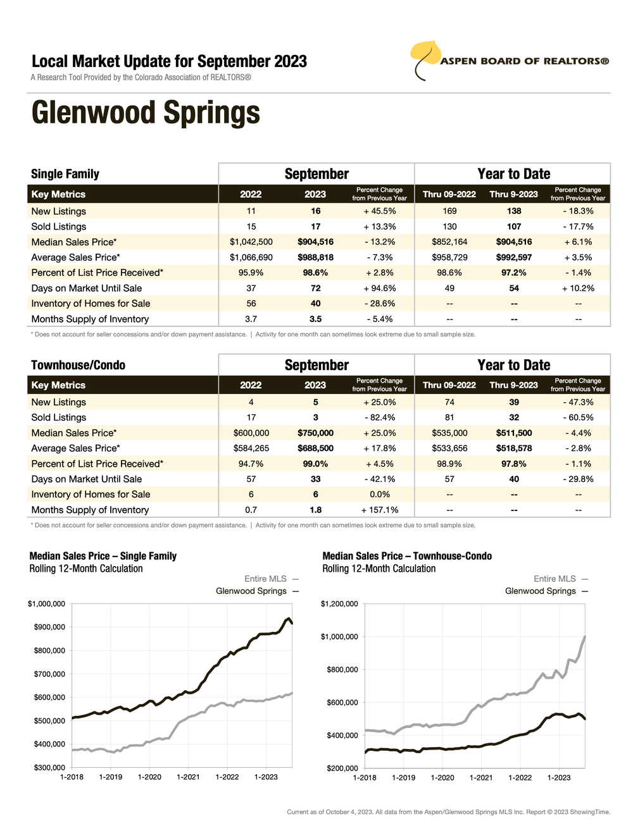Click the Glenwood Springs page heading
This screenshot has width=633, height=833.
pyautogui.click(x=146, y=113)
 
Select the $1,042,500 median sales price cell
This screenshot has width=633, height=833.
pyautogui.click(x=251, y=242)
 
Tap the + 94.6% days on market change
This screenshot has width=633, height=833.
pyautogui.click(x=380, y=288)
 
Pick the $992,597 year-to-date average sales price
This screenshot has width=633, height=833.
pyautogui.click(x=514, y=257)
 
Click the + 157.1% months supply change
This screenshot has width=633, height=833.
pyautogui.click(x=380, y=510)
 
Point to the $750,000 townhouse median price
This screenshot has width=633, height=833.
pyautogui.click(x=315, y=433)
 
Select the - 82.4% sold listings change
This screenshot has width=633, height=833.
pyautogui.click(x=380, y=417)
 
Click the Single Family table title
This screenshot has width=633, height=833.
pyautogui.click(x=65, y=174)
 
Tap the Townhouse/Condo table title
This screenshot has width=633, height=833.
pyautogui.click(x=78, y=365)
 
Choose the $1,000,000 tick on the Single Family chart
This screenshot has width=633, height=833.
pyautogui.click(x=46, y=604)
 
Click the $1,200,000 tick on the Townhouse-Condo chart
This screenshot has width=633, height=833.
pyautogui.click(x=339, y=604)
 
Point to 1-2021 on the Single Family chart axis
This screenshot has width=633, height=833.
pyautogui.click(x=188, y=777)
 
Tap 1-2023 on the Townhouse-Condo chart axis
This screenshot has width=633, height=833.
pyautogui.click(x=559, y=778)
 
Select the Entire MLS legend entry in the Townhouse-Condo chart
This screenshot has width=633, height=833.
pyautogui.click(x=555, y=579)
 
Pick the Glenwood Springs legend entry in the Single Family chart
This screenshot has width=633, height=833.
pyautogui.click(x=251, y=591)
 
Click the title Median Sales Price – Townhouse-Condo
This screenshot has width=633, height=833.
pyautogui.click(x=407, y=556)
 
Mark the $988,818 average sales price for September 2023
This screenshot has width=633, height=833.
pyautogui.click(x=315, y=257)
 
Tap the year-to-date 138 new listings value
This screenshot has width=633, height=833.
pyautogui.click(x=514, y=211)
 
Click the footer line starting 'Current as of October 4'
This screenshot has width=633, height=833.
pyautogui.click(x=448, y=812)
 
